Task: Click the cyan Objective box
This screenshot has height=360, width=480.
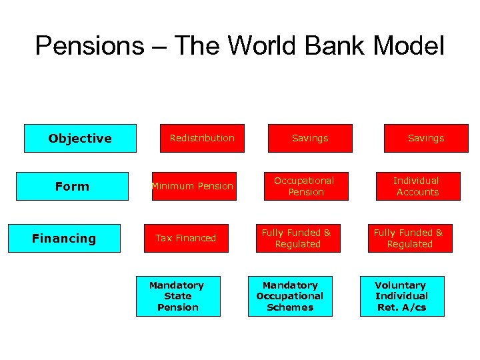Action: tap(80, 139)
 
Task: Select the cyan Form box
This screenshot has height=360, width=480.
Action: tap(72, 187)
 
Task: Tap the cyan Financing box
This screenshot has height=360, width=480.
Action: tap(64, 238)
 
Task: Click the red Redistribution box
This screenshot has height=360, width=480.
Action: tap(202, 139)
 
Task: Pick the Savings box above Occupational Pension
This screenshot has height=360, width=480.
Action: tap(310, 139)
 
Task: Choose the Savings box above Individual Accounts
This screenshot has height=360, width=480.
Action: tap(425, 139)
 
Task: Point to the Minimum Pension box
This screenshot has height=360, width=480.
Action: tap(193, 187)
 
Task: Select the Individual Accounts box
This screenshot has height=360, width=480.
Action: tap(417, 187)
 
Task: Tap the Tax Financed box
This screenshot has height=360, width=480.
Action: tap(186, 238)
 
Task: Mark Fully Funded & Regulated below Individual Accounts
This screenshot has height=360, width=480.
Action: tap(410, 238)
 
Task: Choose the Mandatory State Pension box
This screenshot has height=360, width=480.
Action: tap(178, 296)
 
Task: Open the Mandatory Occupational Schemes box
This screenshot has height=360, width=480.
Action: tap(290, 296)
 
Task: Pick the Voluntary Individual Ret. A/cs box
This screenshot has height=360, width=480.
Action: tap(401, 296)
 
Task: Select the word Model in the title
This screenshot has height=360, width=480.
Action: tap(409, 46)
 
